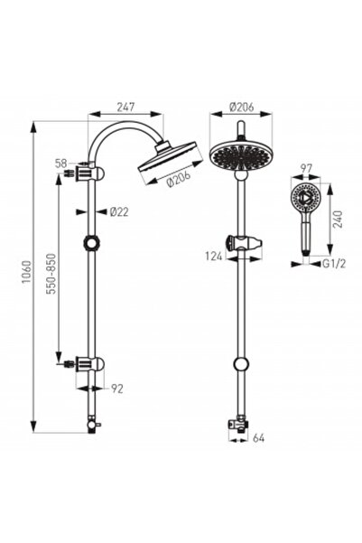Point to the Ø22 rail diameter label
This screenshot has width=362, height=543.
[x=116, y=212]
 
